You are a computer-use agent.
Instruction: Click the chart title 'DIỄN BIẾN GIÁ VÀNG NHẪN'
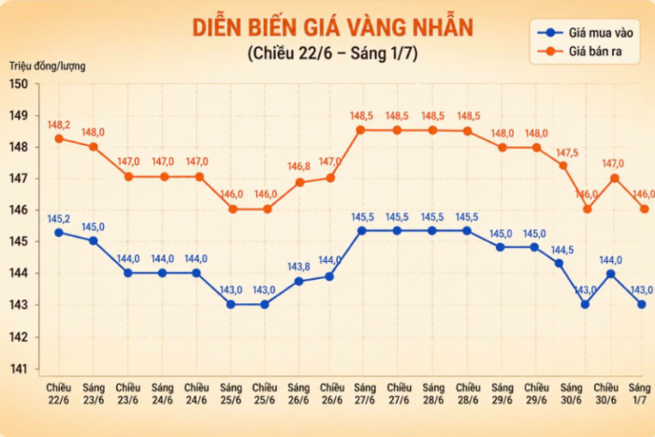point(332,27)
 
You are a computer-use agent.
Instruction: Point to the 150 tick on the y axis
point(19,84)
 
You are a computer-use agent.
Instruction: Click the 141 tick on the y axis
point(19,369)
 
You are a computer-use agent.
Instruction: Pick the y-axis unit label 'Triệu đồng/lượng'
point(47,66)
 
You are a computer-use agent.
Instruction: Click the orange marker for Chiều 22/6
point(59,138)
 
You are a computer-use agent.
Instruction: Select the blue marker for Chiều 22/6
point(59,233)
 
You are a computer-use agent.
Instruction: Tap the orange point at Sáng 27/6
point(361,130)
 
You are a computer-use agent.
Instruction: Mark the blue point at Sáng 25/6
point(231,304)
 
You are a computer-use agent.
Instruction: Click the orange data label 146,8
point(298,167)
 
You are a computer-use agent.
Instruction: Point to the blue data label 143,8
point(298,267)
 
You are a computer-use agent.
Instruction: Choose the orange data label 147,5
point(567,153)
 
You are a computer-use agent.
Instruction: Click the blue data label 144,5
point(562,250)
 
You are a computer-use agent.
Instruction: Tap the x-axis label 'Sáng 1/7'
point(639,394)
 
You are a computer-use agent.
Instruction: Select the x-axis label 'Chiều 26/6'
point(332,394)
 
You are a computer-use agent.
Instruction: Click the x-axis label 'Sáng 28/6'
point(433,394)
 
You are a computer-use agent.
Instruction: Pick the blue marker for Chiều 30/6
point(611,274)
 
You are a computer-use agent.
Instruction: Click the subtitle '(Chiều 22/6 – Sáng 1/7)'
point(332,53)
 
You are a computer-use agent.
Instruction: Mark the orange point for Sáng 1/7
point(645,209)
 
